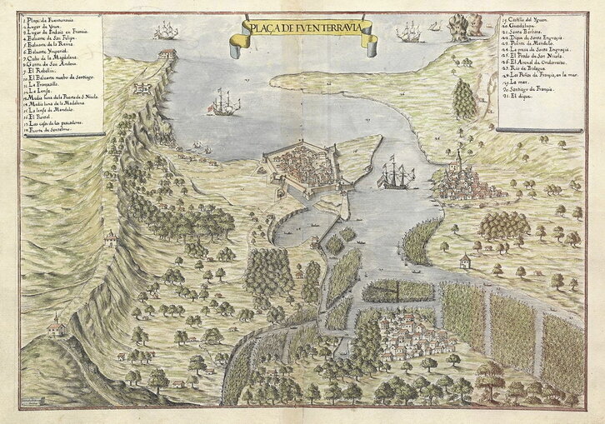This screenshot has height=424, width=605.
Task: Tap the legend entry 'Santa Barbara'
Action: click(x=533, y=32)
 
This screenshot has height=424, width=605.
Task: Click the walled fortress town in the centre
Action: click(x=310, y=167)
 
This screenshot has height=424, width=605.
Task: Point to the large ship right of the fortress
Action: click(x=396, y=177)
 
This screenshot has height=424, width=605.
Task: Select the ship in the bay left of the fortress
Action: click(x=222, y=103)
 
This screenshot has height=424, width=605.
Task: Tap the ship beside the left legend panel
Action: click(x=166, y=31)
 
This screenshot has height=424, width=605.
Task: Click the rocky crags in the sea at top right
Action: click(x=463, y=27)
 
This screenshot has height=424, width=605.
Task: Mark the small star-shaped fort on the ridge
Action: click(x=142, y=87)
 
